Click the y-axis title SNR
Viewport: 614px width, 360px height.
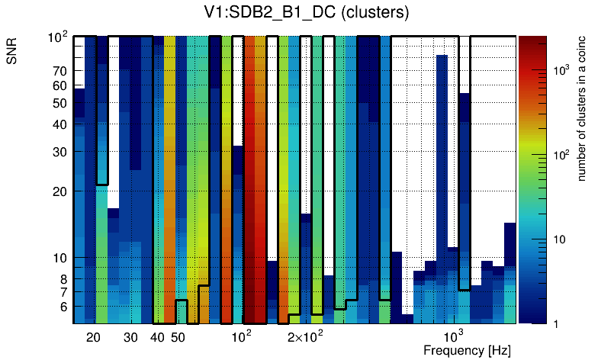12,53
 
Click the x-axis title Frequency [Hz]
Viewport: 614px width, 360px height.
467,350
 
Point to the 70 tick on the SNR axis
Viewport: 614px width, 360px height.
59,71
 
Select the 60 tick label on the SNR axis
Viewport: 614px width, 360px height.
59,86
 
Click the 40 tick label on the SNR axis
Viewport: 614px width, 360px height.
59,124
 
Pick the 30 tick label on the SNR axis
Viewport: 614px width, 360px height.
59,152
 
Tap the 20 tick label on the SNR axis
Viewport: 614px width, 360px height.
59,191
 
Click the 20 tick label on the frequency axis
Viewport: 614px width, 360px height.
93,337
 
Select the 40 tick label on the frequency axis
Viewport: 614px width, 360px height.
157,337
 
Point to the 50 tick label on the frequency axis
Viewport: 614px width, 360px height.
178,337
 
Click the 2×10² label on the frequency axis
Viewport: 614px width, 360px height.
304,336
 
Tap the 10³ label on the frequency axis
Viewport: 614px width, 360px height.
453,336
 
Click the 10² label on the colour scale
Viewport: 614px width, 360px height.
561,155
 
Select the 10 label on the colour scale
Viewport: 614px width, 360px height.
557,239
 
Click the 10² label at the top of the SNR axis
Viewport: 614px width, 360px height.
57,37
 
